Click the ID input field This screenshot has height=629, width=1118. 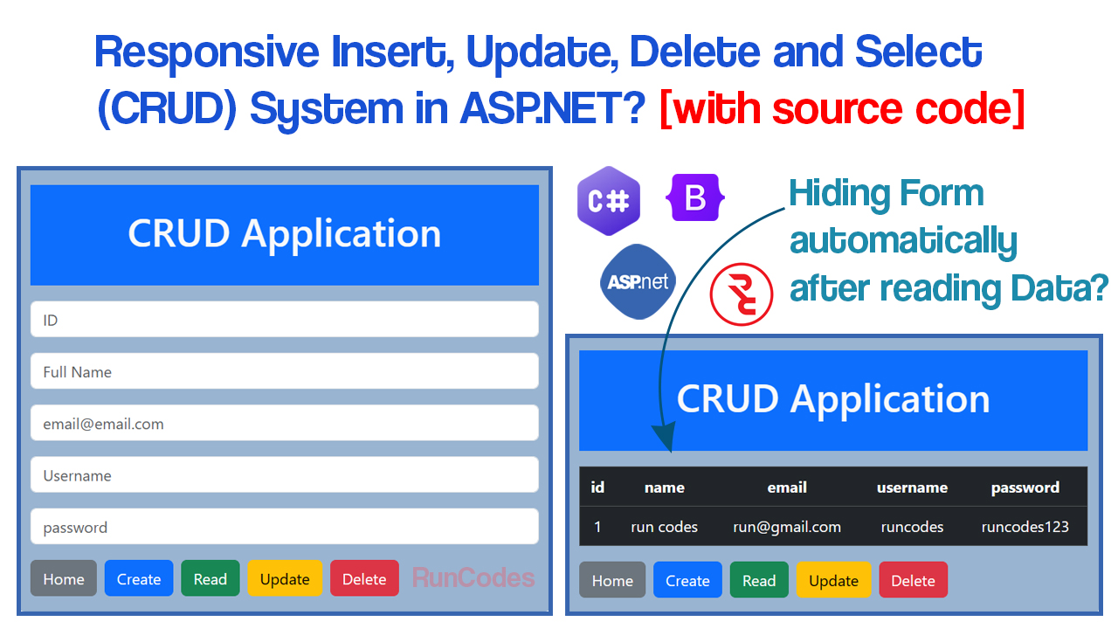coord(284,320)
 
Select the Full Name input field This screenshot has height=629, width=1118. coord(284,371)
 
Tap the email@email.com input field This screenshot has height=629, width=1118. coord(284,424)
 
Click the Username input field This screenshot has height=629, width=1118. coord(284,475)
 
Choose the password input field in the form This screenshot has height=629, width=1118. coord(284,527)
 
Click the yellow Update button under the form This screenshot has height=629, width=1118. coord(285,579)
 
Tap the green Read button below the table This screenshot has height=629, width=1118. coord(759,581)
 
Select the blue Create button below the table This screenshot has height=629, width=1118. coord(687,581)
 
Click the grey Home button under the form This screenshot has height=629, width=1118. coord(64,579)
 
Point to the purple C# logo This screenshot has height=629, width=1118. coord(609,201)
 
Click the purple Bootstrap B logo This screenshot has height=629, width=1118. coord(695,198)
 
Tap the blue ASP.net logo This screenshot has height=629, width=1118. coord(638,281)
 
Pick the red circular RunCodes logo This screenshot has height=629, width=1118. coord(742,294)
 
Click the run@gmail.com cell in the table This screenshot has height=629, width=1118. coord(787,527)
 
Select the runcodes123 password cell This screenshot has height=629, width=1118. coord(1025,527)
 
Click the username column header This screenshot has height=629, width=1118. coord(912,487)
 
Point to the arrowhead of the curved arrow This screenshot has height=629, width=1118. coord(666,442)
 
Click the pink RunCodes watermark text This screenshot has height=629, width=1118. coord(473,578)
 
